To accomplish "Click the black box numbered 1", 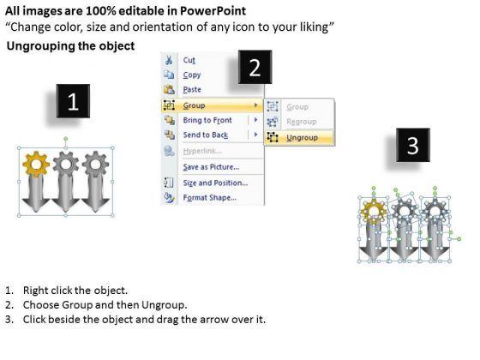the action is [73, 101].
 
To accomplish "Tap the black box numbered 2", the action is [255, 67].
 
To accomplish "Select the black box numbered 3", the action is [413, 145].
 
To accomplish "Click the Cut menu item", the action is [189, 60].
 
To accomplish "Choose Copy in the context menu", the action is [192, 75].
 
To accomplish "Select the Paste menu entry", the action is [192, 90].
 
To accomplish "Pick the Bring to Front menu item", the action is [207, 120].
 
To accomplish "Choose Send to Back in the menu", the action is [206, 135].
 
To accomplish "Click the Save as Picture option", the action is [211, 167].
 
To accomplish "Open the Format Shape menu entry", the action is [210, 198].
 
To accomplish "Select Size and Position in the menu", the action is [215, 183].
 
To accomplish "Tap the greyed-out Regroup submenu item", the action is [301, 122].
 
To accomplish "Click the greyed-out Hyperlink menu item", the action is [202, 151].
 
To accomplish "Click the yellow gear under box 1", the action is [36, 164].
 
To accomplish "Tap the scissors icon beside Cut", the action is [169, 60].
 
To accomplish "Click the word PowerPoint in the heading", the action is [213, 11].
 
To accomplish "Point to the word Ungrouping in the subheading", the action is [40, 46].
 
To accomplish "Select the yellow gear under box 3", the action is [374, 212].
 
